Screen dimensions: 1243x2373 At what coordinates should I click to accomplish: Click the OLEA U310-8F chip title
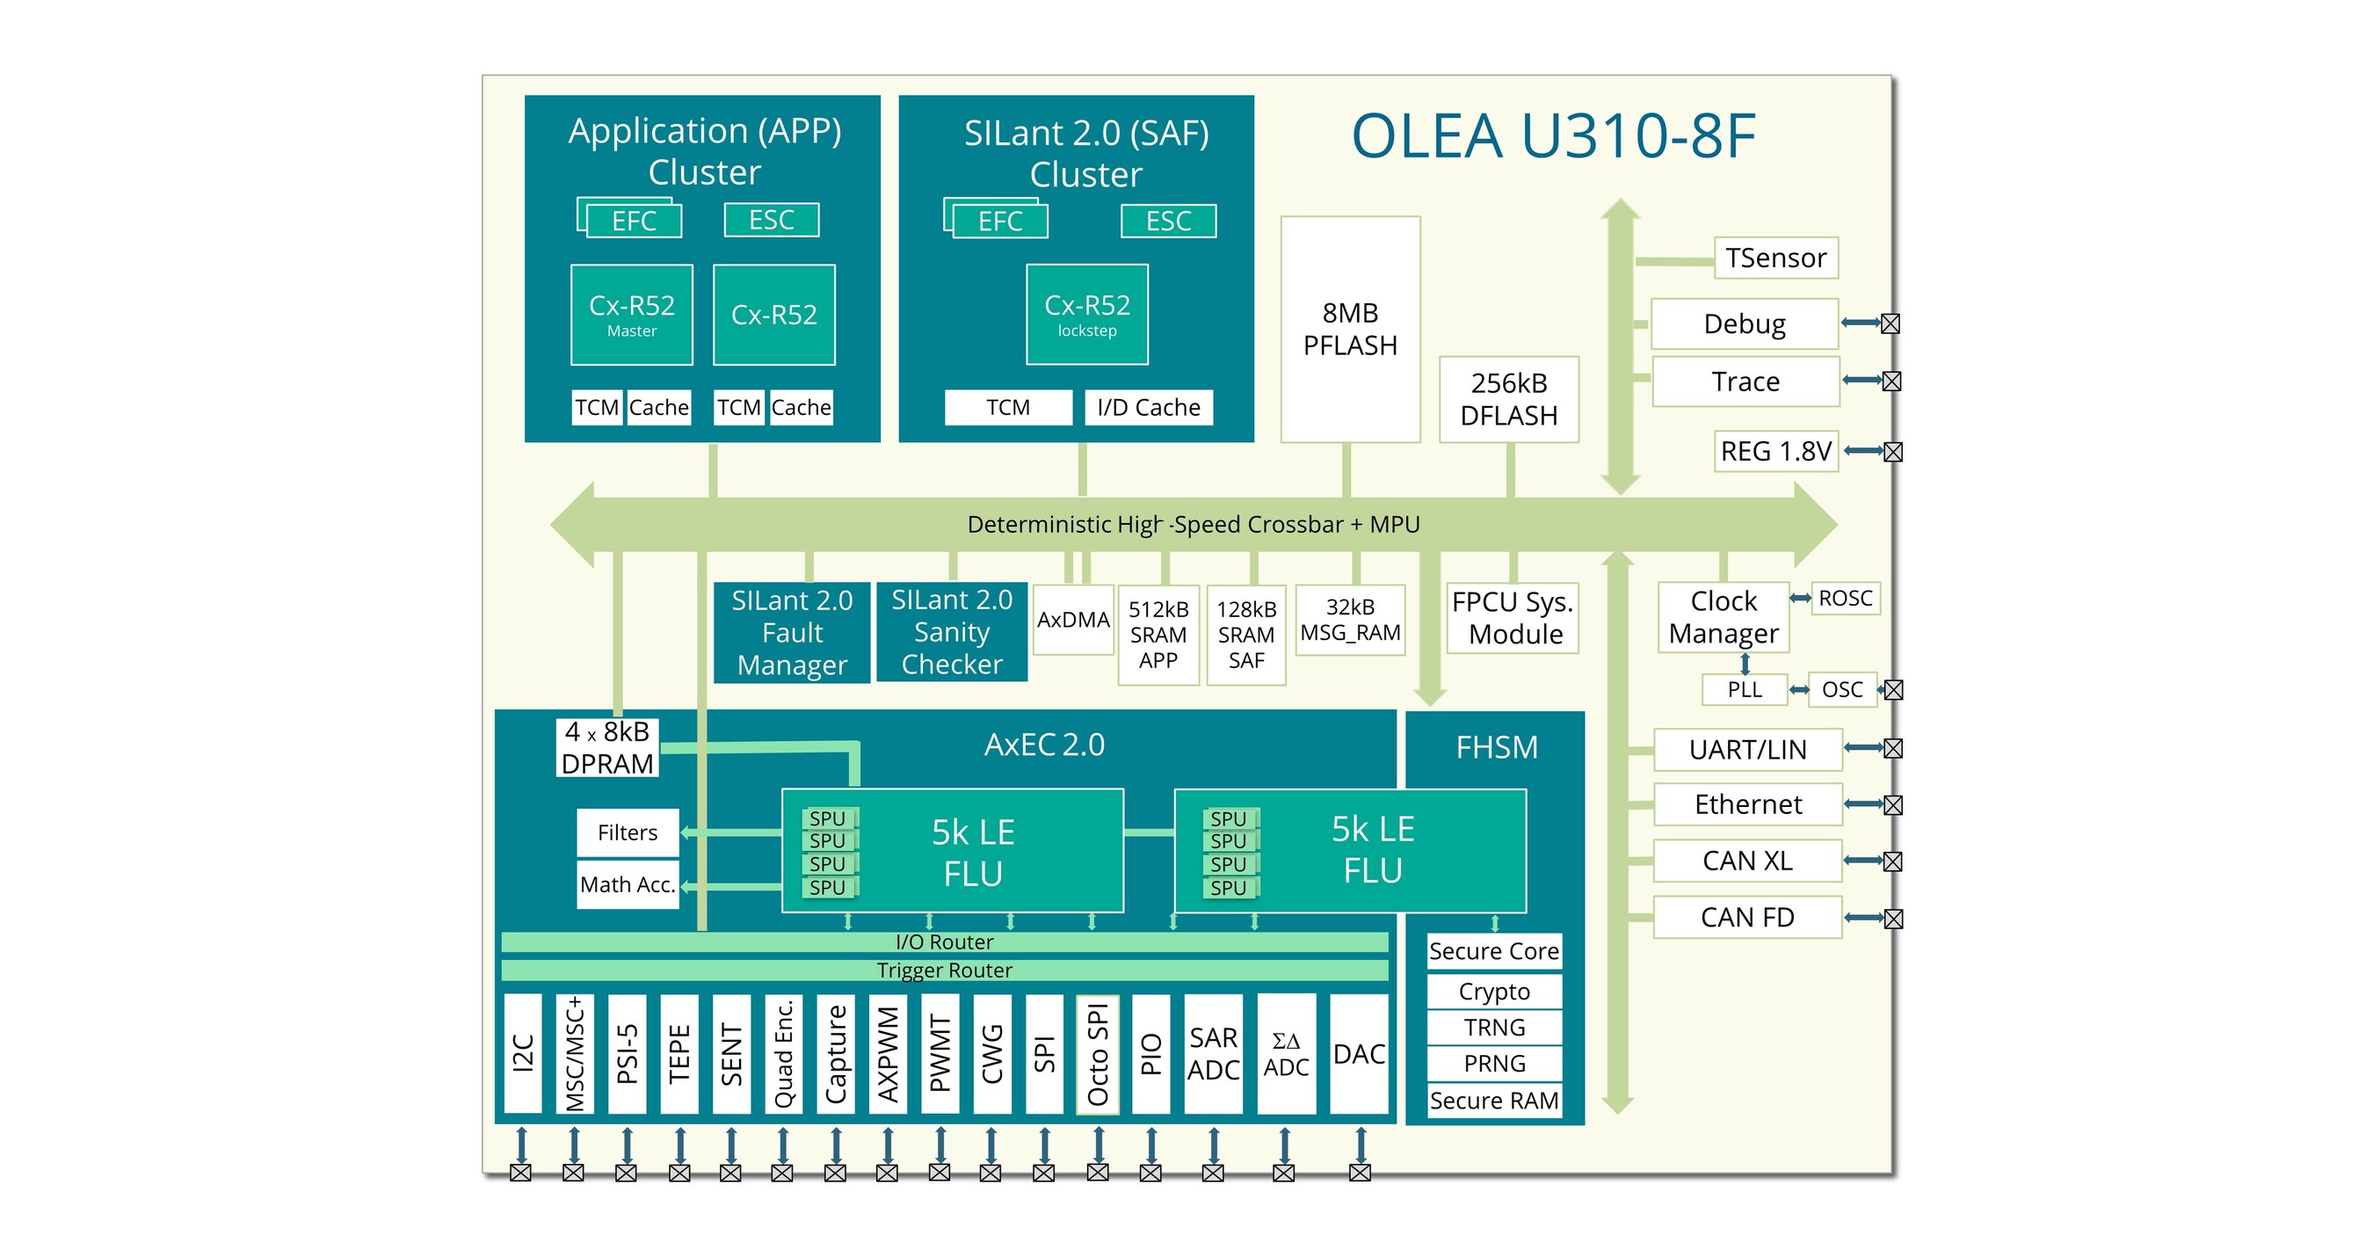[1553, 136]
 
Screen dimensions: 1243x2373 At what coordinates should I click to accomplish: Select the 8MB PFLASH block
[1350, 329]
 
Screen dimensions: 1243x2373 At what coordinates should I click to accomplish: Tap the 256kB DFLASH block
[1509, 399]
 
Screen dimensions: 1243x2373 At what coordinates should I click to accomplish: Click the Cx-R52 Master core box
[632, 314]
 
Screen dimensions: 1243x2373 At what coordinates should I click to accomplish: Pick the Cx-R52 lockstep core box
[1087, 314]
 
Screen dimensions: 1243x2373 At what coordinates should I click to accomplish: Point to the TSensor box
[1775, 258]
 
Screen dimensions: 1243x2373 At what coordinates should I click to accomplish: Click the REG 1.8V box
[1775, 452]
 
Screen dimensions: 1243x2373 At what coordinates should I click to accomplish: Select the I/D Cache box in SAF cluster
[1148, 407]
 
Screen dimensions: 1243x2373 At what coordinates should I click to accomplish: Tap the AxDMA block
[1073, 620]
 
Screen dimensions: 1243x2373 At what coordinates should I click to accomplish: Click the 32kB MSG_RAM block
[1350, 620]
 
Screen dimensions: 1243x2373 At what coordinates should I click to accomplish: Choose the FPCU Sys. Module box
[1513, 618]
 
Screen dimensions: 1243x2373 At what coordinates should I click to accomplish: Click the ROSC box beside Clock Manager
[1845, 599]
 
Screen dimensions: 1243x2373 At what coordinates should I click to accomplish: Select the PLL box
[1744, 689]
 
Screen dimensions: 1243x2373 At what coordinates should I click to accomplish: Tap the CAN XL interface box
[1746, 861]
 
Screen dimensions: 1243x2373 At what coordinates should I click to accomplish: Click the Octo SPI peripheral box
[1097, 1054]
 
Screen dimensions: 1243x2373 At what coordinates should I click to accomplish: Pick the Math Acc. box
[628, 884]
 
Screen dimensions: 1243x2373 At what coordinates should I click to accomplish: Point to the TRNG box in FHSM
[1494, 1028]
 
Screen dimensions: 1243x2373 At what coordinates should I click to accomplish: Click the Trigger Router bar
[944, 970]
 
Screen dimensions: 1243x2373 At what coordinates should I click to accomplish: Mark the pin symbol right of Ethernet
[1893, 805]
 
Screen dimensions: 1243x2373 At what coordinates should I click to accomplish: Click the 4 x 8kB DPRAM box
[607, 747]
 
